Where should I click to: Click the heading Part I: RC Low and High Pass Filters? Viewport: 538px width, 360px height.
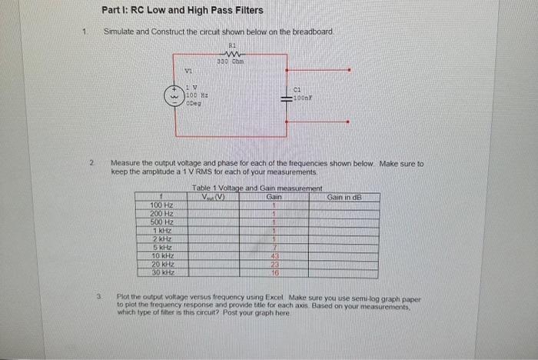coord(182,11)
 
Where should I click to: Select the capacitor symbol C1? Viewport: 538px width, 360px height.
coord(288,100)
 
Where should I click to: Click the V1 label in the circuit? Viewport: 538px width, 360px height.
coord(188,72)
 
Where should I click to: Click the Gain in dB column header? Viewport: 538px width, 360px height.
coord(344,198)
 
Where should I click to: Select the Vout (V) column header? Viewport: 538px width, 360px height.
coord(213,198)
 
